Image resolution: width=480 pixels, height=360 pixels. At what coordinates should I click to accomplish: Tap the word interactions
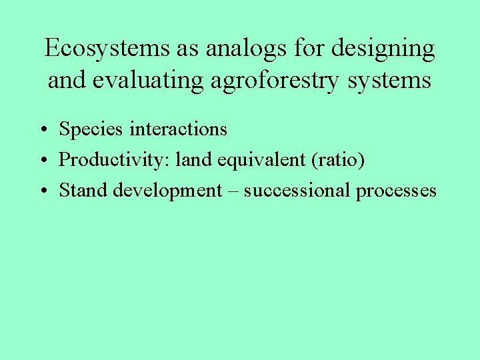(x=178, y=129)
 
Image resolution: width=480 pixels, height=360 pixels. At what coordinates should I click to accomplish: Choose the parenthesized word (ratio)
(x=340, y=160)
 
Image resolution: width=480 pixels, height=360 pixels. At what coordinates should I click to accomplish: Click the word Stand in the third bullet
(x=83, y=190)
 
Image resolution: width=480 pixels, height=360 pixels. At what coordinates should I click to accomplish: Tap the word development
(x=167, y=191)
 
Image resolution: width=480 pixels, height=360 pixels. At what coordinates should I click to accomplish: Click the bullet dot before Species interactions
(x=42, y=130)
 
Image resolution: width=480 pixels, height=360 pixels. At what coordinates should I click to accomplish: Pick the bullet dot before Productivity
(x=42, y=161)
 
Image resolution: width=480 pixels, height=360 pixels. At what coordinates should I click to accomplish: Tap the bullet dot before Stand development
(x=42, y=191)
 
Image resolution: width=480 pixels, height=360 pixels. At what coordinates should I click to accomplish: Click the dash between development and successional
(x=233, y=191)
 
